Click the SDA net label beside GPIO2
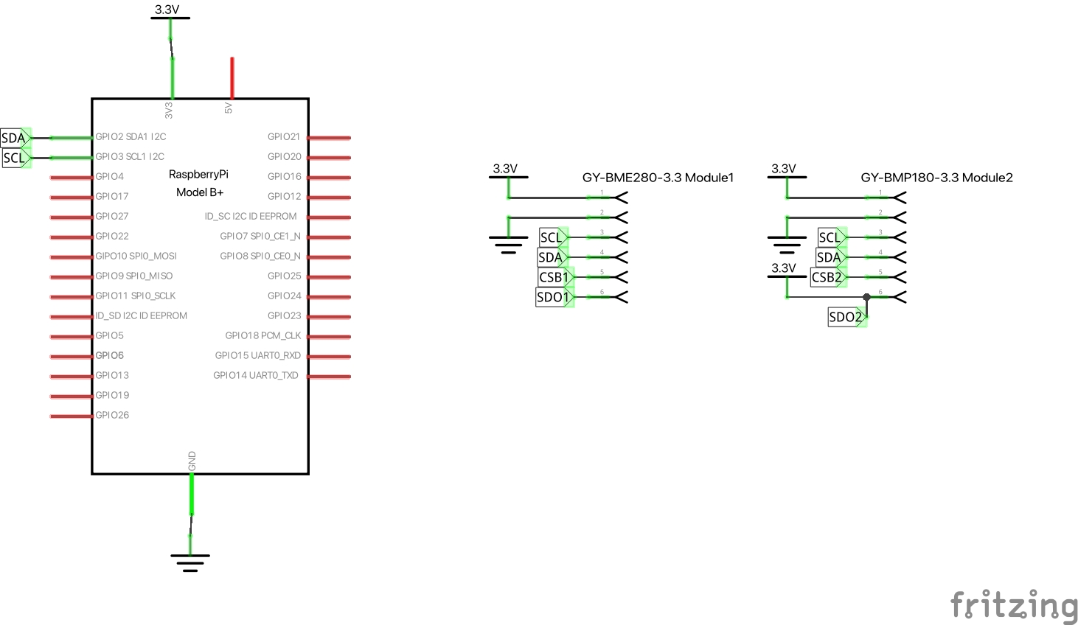14,138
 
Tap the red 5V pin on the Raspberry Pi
232,78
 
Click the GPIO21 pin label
284,137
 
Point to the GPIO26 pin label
112,415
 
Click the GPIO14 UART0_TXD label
256,375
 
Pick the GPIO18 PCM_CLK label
262,335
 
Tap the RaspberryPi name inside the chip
198,175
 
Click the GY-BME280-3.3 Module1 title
658,178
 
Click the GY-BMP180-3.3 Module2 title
936,178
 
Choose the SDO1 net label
553,297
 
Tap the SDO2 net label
845,317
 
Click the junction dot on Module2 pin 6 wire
867,297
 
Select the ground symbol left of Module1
508,244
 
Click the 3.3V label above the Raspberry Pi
167,10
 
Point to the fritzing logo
1014,606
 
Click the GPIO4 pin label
110,177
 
